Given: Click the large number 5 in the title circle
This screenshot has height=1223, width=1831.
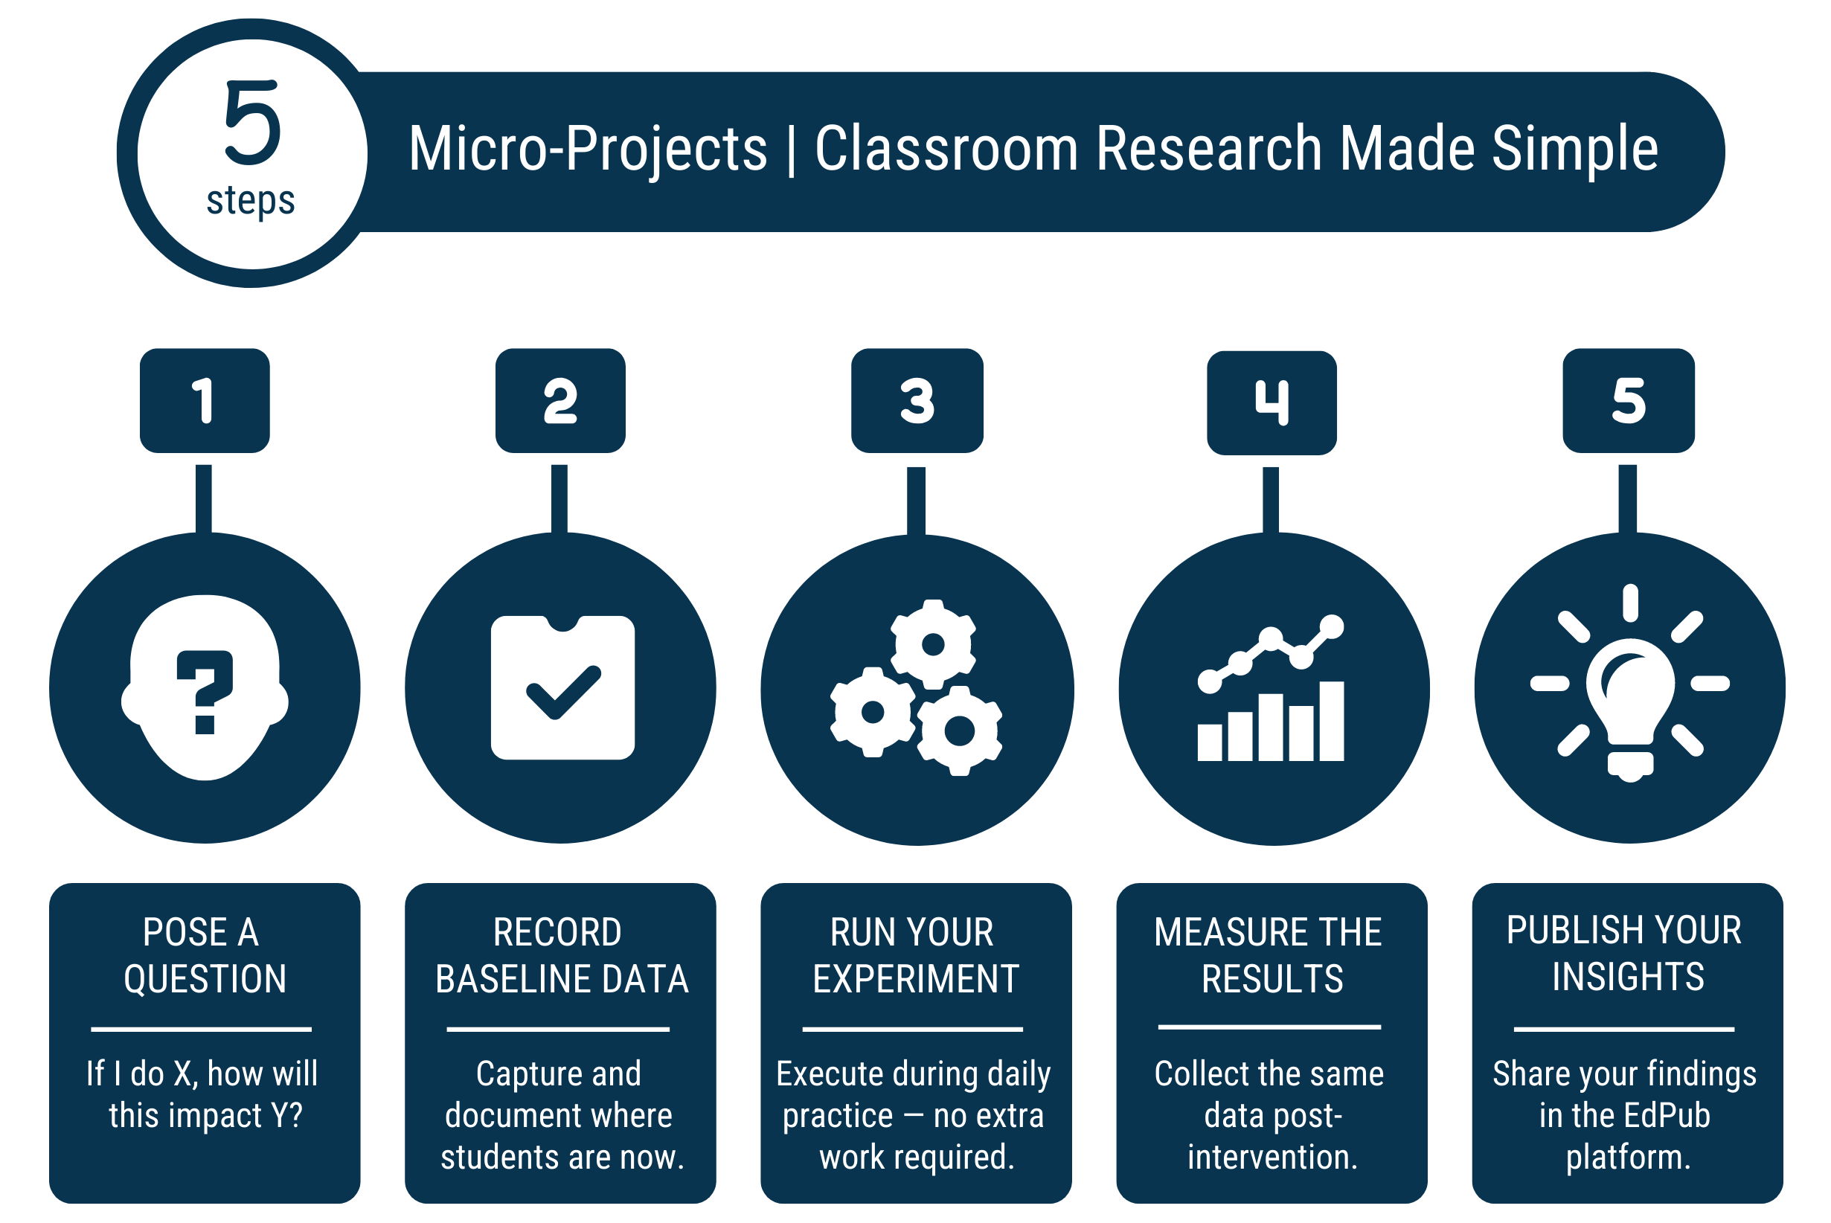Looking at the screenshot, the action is coord(252,123).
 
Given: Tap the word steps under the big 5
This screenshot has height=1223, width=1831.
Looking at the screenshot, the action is coord(251,200).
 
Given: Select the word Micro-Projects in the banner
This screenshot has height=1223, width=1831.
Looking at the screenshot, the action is coord(589,149).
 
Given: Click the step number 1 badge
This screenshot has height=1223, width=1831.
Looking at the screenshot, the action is coord(205,401).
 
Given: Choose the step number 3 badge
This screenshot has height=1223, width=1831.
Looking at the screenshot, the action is coord(917,401).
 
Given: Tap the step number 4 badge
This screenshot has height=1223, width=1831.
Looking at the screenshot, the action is coord(1272,403).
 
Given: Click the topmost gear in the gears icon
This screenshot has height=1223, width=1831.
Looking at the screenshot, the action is coord(933,644).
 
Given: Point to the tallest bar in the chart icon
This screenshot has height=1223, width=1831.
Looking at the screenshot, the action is coord(1332,722).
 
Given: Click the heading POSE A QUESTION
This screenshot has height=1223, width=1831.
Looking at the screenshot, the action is coord(205,955).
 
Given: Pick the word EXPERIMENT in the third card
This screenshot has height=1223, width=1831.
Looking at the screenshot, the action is coord(916,979).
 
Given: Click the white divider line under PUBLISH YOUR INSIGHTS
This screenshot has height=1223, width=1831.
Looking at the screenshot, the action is coord(1624,1030).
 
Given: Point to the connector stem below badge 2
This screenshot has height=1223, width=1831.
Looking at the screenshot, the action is coord(559,499).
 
